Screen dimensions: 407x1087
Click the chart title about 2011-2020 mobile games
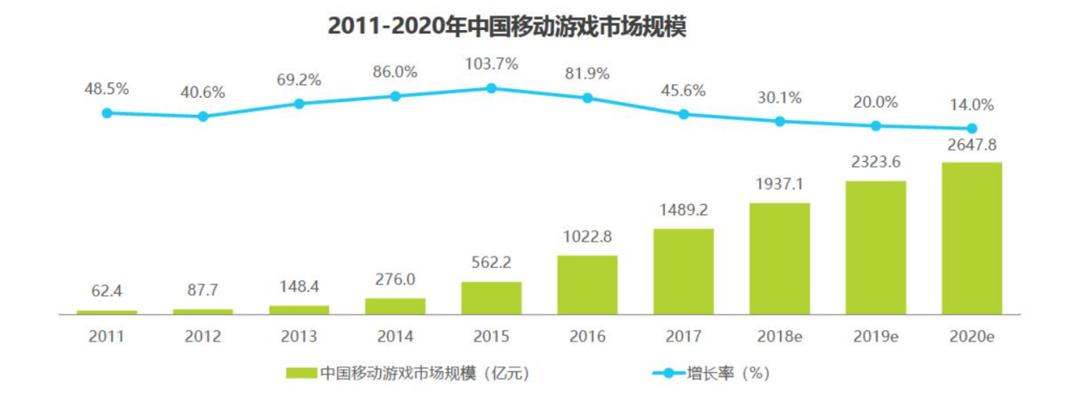[x=507, y=27]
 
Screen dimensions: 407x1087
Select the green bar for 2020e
[x=971, y=238]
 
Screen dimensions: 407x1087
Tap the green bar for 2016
[x=587, y=285]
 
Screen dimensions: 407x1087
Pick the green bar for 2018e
[x=779, y=259]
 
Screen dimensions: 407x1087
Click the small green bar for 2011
[x=106, y=312]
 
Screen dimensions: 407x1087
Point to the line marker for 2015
[x=491, y=88]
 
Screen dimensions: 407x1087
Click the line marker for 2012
[x=202, y=117]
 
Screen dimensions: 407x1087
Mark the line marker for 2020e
[x=971, y=129]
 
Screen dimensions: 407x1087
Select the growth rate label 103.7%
[x=491, y=65]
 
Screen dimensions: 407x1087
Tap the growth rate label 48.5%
[x=106, y=88]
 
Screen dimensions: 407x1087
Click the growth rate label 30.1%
[x=779, y=99]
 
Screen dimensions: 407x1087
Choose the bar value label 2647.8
[x=971, y=144]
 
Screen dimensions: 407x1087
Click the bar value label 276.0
[x=395, y=280]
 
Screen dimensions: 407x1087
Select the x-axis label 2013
[x=299, y=337]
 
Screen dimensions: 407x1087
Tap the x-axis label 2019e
[x=875, y=337]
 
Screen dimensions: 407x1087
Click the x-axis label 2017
[x=683, y=337]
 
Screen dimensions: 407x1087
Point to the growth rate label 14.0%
[x=971, y=105]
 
